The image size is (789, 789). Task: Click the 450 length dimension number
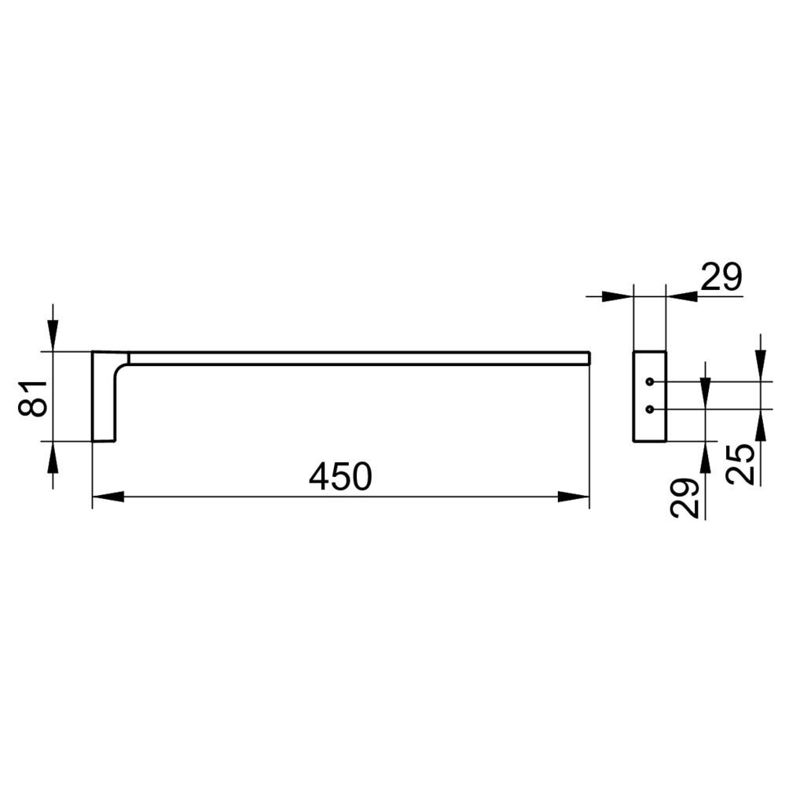click(340, 476)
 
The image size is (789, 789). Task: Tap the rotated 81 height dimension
click(33, 398)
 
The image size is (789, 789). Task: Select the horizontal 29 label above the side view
click(721, 277)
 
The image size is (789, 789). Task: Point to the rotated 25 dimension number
click(741, 464)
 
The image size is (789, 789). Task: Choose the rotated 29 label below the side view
click(684, 498)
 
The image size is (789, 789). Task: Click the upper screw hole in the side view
click(650, 382)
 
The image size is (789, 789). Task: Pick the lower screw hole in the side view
click(650, 409)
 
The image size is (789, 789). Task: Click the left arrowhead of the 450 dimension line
click(108, 497)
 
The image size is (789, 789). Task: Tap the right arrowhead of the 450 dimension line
click(574, 497)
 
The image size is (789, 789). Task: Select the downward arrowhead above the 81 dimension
click(53, 336)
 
